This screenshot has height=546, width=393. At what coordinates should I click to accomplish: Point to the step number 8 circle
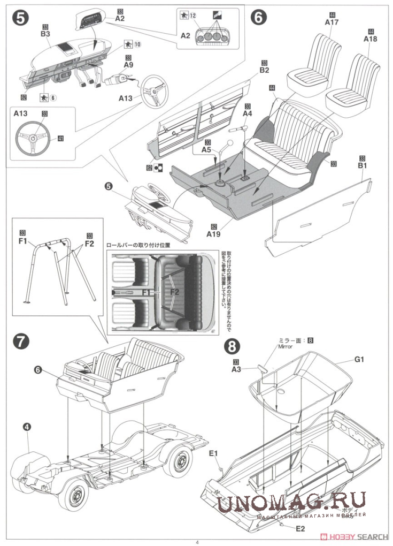[232, 346]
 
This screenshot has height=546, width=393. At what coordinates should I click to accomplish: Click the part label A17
[332, 22]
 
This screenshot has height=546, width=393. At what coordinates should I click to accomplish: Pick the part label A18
[371, 39]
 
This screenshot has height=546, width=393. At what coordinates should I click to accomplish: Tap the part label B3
[45, 33]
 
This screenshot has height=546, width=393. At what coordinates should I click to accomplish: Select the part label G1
[358, 359]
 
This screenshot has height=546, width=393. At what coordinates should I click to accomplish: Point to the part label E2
[300, 529]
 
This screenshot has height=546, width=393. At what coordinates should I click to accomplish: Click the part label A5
[207, 150]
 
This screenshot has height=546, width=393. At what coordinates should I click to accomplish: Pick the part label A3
[236, 369]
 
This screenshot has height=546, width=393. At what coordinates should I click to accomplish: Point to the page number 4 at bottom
[197, 542]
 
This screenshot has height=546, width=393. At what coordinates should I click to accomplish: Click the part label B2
[264, 70]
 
